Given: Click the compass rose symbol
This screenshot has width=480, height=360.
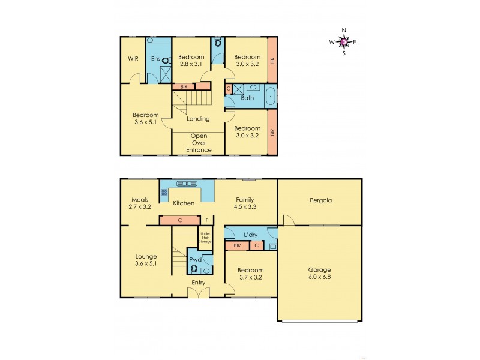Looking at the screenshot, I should (x=343, y=42).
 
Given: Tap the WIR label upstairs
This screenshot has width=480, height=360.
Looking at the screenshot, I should (x=133, y=59).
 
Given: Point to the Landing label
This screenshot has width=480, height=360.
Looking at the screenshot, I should (x=199, y=119).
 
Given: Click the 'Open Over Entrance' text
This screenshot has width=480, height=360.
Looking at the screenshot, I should (x=199, y=142).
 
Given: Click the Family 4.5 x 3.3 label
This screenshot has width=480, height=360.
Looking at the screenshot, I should (x=244, y=203).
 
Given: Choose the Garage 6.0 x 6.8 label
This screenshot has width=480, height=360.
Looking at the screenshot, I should (x=320, y=274).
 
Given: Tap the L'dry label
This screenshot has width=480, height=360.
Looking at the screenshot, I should (x=250, y=234).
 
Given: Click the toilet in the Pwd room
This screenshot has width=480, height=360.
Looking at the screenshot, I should (x=194, y=268).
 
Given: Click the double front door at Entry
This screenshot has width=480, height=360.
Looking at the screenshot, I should (x=199, y=292).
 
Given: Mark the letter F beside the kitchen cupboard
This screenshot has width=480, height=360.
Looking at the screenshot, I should (x=206, y=220).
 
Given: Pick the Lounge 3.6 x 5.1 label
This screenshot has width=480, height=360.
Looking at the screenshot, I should (x=146, y=260).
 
